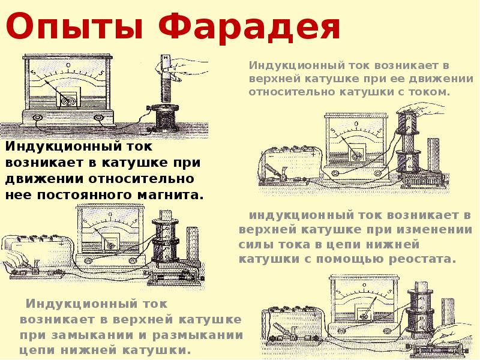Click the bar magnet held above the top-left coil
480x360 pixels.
166,78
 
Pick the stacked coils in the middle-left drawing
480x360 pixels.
166,240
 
